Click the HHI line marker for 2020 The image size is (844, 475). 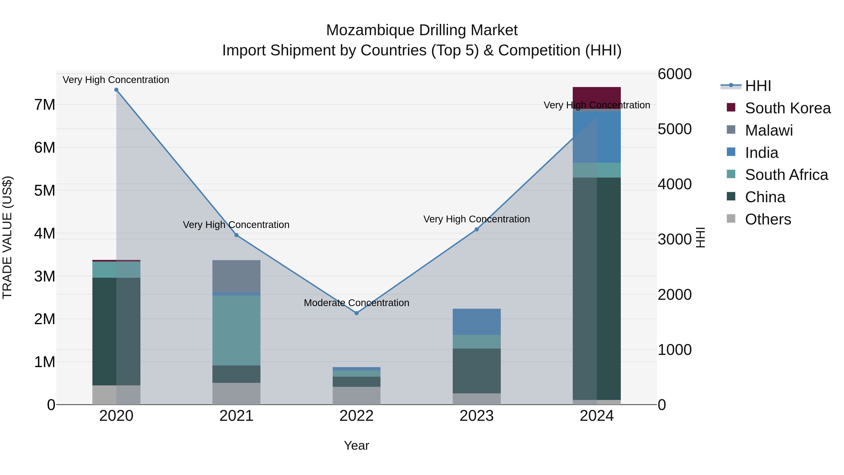[116, 90]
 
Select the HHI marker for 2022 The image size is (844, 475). [356, 313]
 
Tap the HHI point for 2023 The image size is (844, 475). [477, 229]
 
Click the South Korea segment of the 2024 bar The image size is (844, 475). [597, 97]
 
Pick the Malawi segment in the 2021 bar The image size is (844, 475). [236, 276]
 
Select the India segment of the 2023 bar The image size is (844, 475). [477, 322]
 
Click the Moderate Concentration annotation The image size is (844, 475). [356, 303]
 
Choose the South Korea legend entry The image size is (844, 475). [788, 108]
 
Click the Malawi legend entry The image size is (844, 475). [769, 130]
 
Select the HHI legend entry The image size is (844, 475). [758, 86]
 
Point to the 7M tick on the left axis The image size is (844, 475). [45, 105]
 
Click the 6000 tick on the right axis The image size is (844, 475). [674, 74]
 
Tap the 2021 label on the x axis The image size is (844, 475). [236, 416]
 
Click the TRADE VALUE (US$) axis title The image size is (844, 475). [7, 237]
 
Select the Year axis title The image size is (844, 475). [356, 445]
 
